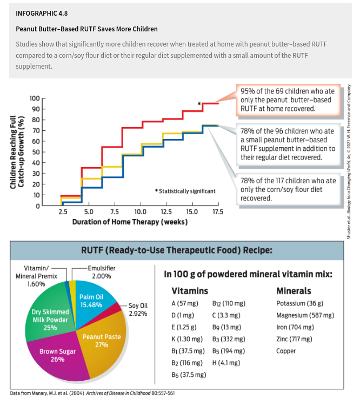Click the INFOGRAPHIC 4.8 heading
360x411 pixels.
pos(42,14)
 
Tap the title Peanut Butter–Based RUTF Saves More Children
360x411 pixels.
pos(86,29)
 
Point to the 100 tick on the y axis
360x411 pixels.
pos(35,98)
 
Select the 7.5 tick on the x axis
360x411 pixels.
pos(115,211)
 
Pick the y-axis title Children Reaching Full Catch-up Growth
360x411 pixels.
pos(17,152)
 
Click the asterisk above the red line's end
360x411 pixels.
pos(199,104)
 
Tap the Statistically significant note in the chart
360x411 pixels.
pos(185,191)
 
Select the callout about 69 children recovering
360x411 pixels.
pos(288,100)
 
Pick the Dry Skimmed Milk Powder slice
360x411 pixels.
pos(50,320)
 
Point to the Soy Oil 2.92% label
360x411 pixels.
pos(138,309)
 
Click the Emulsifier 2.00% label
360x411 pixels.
pos(101,272)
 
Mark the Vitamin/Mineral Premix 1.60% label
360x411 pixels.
pos(36,276)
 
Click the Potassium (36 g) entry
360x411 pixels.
pos(299,303)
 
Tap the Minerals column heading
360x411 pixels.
pos(294,290)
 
